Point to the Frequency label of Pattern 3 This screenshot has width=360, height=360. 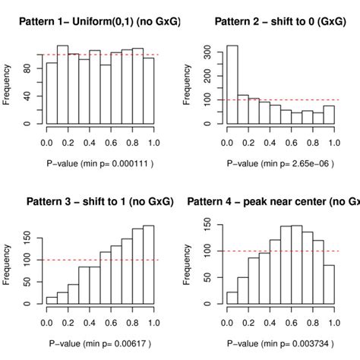pyautogui.click(x=8, y=263)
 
